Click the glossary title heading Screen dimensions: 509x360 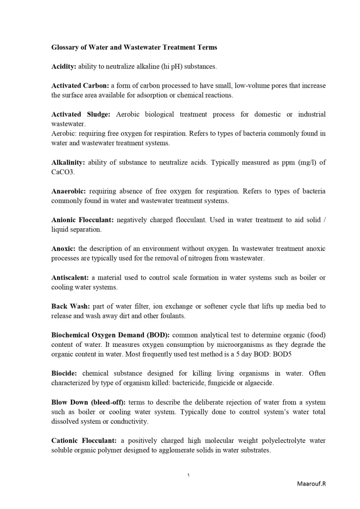134,47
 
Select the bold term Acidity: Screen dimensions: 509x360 64,67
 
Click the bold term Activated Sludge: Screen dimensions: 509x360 81,114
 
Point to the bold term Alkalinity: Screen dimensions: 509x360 68,163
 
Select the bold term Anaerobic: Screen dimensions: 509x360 68,191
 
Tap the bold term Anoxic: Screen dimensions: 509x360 63,248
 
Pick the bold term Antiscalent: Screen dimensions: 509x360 70,277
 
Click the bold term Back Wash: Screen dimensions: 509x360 70,306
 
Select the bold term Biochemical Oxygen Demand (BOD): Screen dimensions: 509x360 111,335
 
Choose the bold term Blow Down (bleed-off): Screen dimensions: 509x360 88,403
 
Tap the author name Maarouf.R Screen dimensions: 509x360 311,484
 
